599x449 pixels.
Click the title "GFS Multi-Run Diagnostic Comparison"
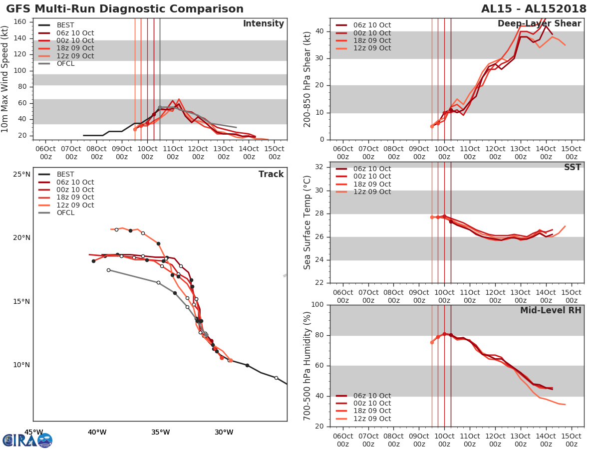(x=125, y=9)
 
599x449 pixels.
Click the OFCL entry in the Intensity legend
(x=65, y=64)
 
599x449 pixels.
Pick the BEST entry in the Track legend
(x=65, y=175)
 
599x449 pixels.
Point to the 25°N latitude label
(x=21, y=175)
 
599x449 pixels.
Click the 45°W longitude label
(x=33, y=432)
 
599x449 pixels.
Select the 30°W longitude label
(x=224, y=432)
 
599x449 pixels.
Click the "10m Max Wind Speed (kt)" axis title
(x=5, y=79)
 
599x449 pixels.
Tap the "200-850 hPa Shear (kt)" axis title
(x=308, y=79)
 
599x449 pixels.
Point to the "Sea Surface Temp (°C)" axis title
(x=308, y=223)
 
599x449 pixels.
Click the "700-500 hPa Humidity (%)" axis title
(x=308, y=365)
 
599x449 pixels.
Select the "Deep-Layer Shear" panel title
(x=539, y=24)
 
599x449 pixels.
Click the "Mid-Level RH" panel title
(x=551, y=310)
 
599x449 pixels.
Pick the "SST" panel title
(x=573, y=167)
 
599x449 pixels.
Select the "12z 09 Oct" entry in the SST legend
(x=372, y=192)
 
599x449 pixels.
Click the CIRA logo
(x=27, y=440)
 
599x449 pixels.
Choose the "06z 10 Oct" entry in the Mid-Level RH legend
(x=372, y=396)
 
